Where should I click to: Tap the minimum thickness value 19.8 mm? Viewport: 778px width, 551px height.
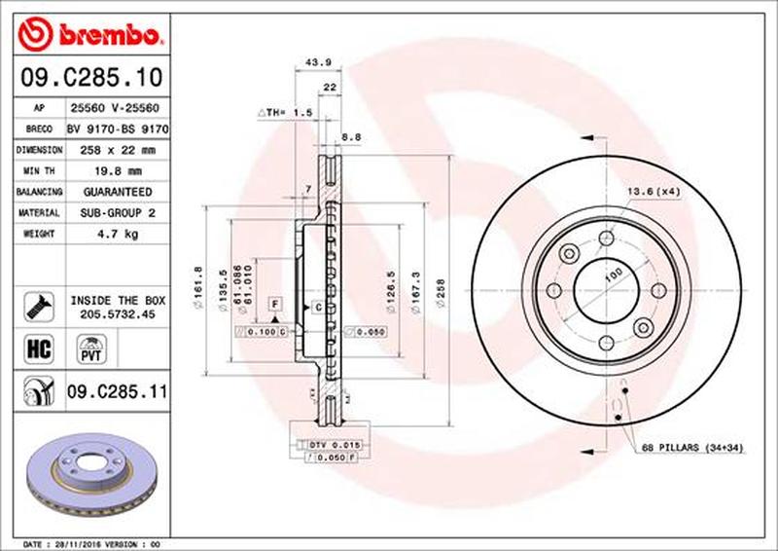[x=118, y=171]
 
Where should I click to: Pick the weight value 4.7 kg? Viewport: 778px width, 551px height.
[x=118, y=234]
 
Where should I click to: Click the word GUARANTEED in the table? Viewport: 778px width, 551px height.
[x=118, y=192]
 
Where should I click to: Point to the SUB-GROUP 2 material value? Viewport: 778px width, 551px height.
[x=118, y=212]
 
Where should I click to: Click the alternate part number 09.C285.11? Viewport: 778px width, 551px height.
[x=118, y=393]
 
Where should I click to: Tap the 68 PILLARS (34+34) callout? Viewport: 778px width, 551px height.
[x=693, y=447]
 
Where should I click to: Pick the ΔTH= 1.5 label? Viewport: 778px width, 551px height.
[x=284, y=113]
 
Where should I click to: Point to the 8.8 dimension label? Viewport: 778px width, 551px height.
[x=351, y=138]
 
